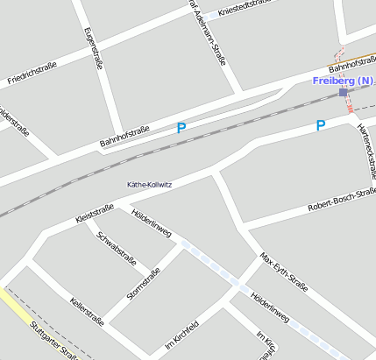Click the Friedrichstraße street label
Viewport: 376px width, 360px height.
coord(32,71)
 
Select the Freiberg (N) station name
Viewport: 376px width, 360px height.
coord(343,81)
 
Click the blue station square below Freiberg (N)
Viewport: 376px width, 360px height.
coord(344,92)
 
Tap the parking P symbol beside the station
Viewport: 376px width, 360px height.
coord(321,125)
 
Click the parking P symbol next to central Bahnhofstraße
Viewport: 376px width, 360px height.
coord(181,128)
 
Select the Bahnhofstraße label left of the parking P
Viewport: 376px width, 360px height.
coord(124,136)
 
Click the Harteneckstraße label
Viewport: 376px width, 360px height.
coord(365,150)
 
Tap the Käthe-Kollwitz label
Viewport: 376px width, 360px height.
coord(150,185)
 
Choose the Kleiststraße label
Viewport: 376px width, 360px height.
coord(95,212)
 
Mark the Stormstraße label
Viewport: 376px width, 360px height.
coord(143,284)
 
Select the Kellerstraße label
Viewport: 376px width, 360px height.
coord(87,312)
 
